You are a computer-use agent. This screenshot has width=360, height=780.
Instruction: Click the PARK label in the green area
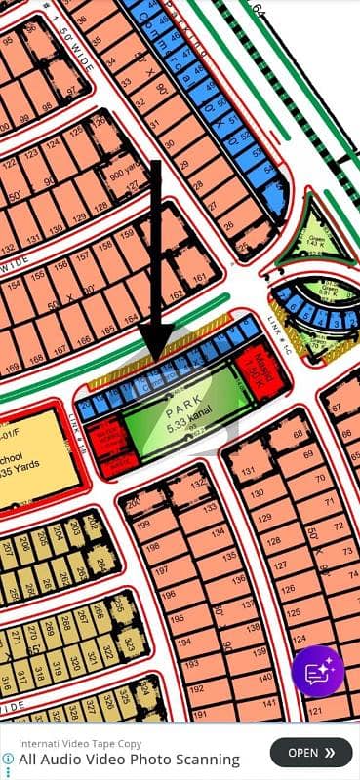coord(180,400)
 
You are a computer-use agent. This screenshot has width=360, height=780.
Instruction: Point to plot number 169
coord(14,368)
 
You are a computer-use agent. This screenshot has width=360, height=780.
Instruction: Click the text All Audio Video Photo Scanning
coord(129,759)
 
